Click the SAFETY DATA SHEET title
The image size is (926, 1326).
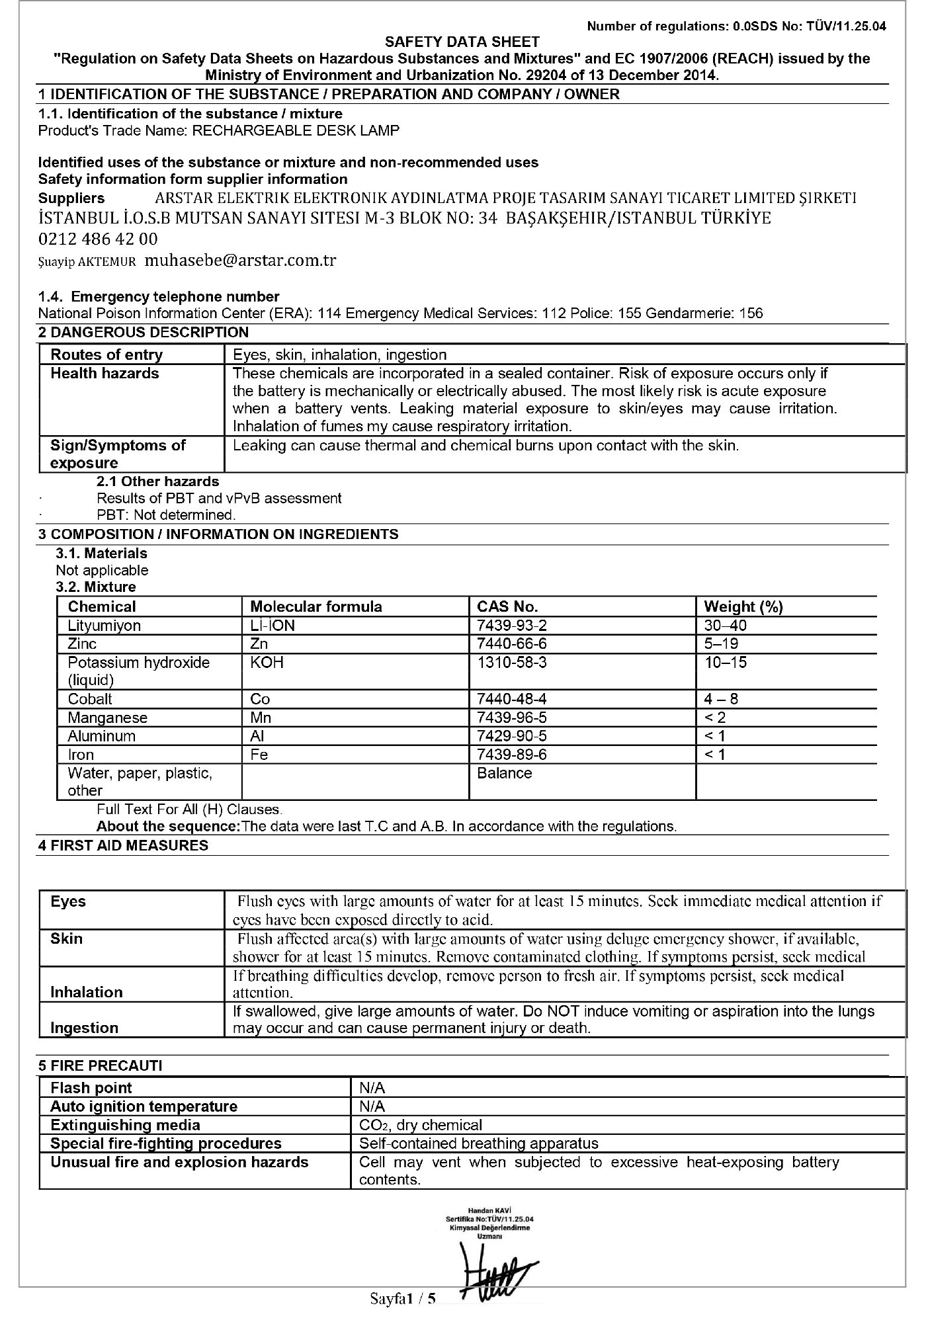pyautogui.click(x=462, y=42)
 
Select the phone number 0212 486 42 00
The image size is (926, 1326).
pyautogui.click(x=98, y=239)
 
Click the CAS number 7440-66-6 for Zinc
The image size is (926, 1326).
pyautogui.click(x=512, y=643)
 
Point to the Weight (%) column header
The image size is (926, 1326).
pyautogui.click(x=743, y=606)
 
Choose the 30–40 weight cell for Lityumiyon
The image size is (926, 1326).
pyautogui.click(x=725, y=625)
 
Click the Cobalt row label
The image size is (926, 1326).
pyautogui.click(x=90, y=699)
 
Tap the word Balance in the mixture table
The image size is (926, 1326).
pyautogui.click(x=504, y=773)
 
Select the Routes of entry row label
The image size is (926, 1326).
pyautogui.click(x=106, y=355)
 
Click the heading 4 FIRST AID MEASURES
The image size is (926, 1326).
pyautogui.click(x=123, y=845)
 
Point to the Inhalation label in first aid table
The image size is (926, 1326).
pyautogui.click(x=87, y=992)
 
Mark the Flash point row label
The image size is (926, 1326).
pyautogui.click(x=91, y=1088)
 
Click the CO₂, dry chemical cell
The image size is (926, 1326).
pyautogui.click(x=421, y=1125)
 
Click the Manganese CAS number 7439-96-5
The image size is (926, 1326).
pyautogui.click(x=512, y=718)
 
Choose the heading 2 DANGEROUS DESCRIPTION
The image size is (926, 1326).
pyautogui.click(x=144, y=332)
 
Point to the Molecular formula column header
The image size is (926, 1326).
pyautogui.click(x=316, y=606)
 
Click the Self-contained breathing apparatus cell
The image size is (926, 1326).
pyautogui.click(x=478, y=1143)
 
